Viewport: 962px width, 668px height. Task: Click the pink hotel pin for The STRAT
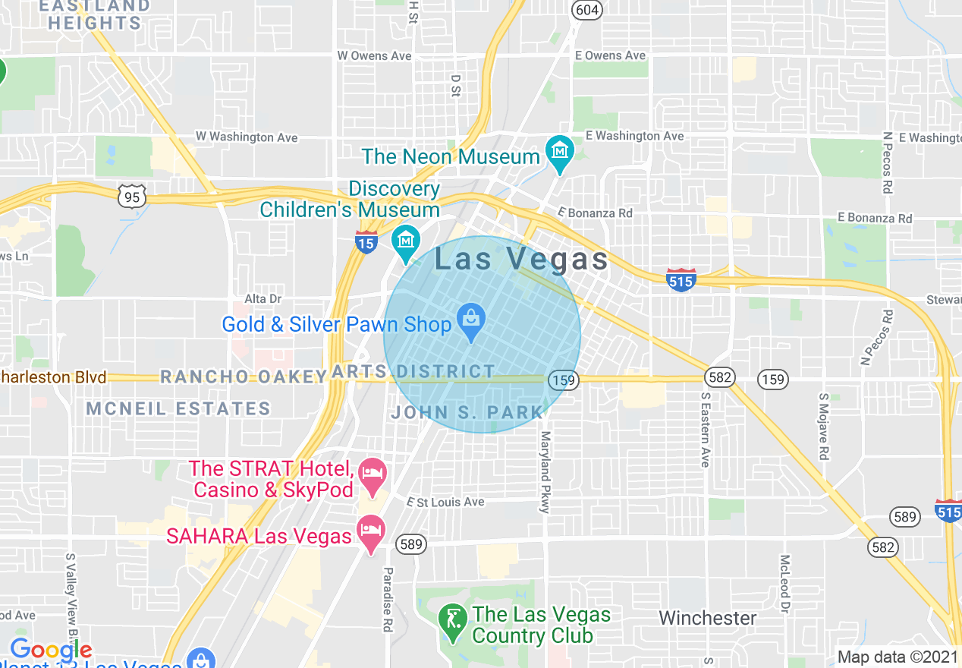click(x=373, y=474)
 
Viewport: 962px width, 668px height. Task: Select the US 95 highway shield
click(x=132, y=197)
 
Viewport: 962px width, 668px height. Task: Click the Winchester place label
click(x=707, y=618)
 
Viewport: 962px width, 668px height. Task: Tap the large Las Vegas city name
click(x=521, y=260)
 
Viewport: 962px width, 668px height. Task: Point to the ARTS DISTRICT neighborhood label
click(x=413, y=371)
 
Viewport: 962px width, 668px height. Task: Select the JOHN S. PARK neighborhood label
click(x=467, y=413)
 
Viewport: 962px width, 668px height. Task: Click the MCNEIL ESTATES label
click(x=178, y=408)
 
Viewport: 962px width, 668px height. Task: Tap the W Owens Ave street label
click(x=374, y=55)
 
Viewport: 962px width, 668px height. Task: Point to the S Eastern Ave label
click(x=705, y=429)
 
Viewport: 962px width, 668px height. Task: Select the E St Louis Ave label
click(x=445, y=502)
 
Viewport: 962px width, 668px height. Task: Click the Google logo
click(x=51, y=651)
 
